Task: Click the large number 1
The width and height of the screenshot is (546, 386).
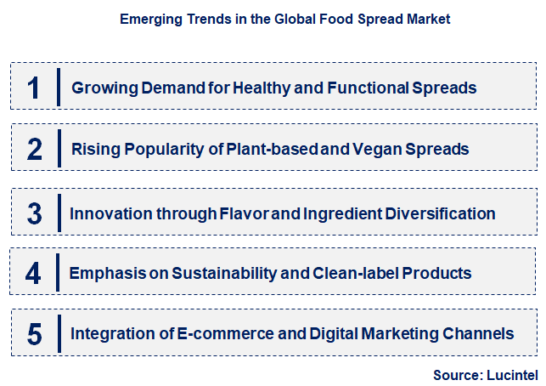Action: pos(33,88)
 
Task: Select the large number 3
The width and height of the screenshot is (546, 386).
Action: pos(34,213)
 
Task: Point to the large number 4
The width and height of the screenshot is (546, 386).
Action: pos(34,274)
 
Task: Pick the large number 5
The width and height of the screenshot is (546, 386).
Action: pos(34,334)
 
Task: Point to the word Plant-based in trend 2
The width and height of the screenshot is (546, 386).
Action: pos(282,150)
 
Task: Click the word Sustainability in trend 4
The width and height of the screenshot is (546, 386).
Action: pos(224,274)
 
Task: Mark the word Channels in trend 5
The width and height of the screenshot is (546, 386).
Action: pos(482,334)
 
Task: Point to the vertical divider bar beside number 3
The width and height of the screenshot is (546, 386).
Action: pos(59,213)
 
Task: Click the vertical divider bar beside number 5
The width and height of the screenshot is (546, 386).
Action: pos(59,334)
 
